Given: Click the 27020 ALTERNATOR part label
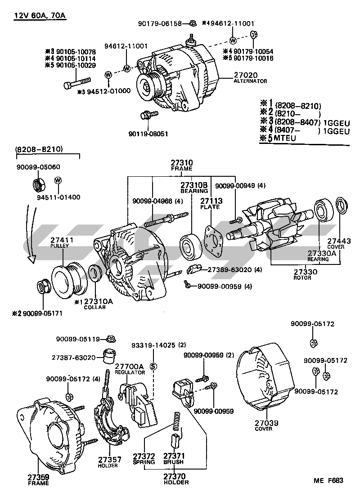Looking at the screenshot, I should click(250, 77).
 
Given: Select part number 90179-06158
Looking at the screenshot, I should click(161, 23).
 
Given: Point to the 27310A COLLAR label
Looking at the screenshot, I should click(93, 304).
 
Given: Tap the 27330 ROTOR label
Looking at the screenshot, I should click(306, 274).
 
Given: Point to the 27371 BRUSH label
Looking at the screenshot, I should click(174, 458).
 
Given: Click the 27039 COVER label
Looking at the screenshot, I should click(267, 425).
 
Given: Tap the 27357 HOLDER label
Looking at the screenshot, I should click(108, 462).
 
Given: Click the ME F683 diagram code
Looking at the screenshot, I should click(328, 480).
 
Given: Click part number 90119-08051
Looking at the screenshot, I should click(148, 134).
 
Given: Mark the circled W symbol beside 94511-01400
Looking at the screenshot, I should click(58, 180).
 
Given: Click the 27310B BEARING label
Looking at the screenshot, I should click(194, 187).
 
